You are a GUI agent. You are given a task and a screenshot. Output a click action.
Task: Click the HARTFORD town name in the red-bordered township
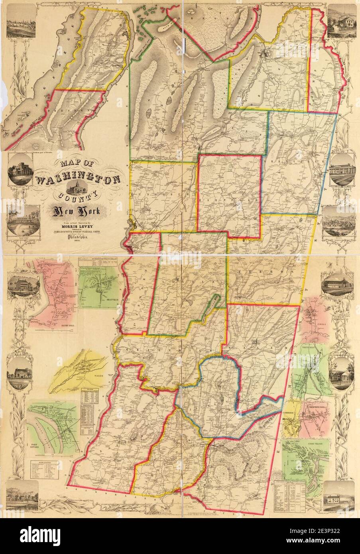[x=229, y=198]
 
